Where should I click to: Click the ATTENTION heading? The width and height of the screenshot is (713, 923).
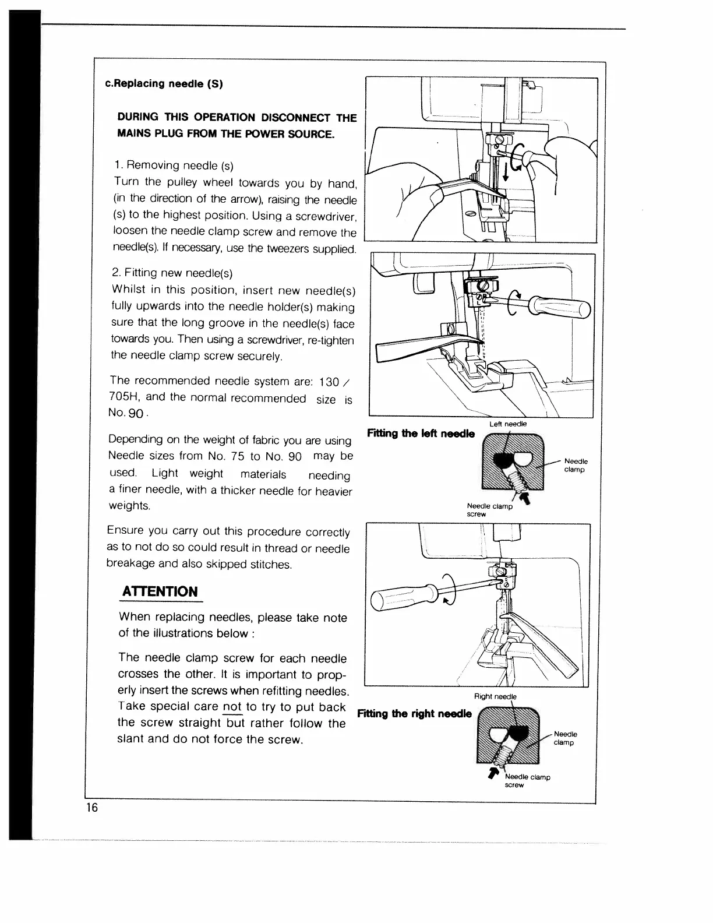(160, 591)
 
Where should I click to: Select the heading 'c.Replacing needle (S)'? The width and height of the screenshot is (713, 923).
(164, 83)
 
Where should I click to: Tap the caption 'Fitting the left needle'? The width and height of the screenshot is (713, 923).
(421, 434)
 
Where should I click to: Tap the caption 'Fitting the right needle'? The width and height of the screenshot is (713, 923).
(414, 714)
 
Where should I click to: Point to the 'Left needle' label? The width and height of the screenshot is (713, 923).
(508, 424)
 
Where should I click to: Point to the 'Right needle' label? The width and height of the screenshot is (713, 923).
(495, 696)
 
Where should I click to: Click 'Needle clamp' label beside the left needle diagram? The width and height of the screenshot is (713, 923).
(576, 465)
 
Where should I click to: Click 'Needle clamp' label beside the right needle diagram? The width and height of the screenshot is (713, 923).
(565, 738)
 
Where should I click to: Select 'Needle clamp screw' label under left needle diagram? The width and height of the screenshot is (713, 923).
(489, 510)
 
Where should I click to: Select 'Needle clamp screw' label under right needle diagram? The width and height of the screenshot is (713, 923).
(527, 781)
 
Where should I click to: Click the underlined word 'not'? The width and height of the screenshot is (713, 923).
(232, 707)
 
